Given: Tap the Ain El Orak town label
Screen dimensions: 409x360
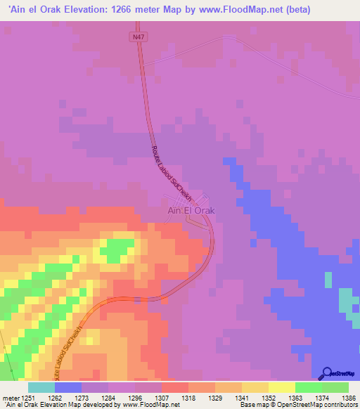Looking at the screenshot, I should click(x=191, y=210).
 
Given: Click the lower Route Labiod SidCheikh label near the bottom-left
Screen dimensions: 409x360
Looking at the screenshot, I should click(x=74, y=350).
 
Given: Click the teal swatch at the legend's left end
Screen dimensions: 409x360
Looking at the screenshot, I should click(x=41, y=387).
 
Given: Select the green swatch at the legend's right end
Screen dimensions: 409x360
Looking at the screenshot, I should click(x=335, y=387).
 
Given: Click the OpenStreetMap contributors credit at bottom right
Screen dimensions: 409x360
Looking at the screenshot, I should click(x=320, y=405).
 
